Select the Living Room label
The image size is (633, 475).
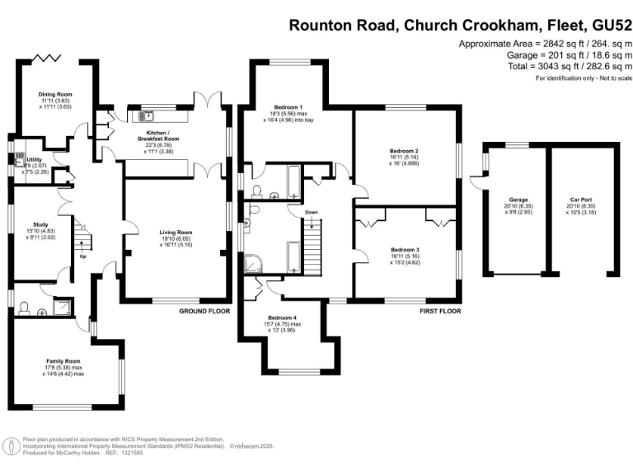176,233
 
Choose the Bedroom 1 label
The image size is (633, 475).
289,107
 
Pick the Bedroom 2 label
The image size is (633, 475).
405,152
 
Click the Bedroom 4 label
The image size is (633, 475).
282,317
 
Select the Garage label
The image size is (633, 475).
518,200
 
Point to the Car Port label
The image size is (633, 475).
580,200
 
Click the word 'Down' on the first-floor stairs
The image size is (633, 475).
311,213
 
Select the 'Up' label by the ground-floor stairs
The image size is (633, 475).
82,256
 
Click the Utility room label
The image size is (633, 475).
35,159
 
